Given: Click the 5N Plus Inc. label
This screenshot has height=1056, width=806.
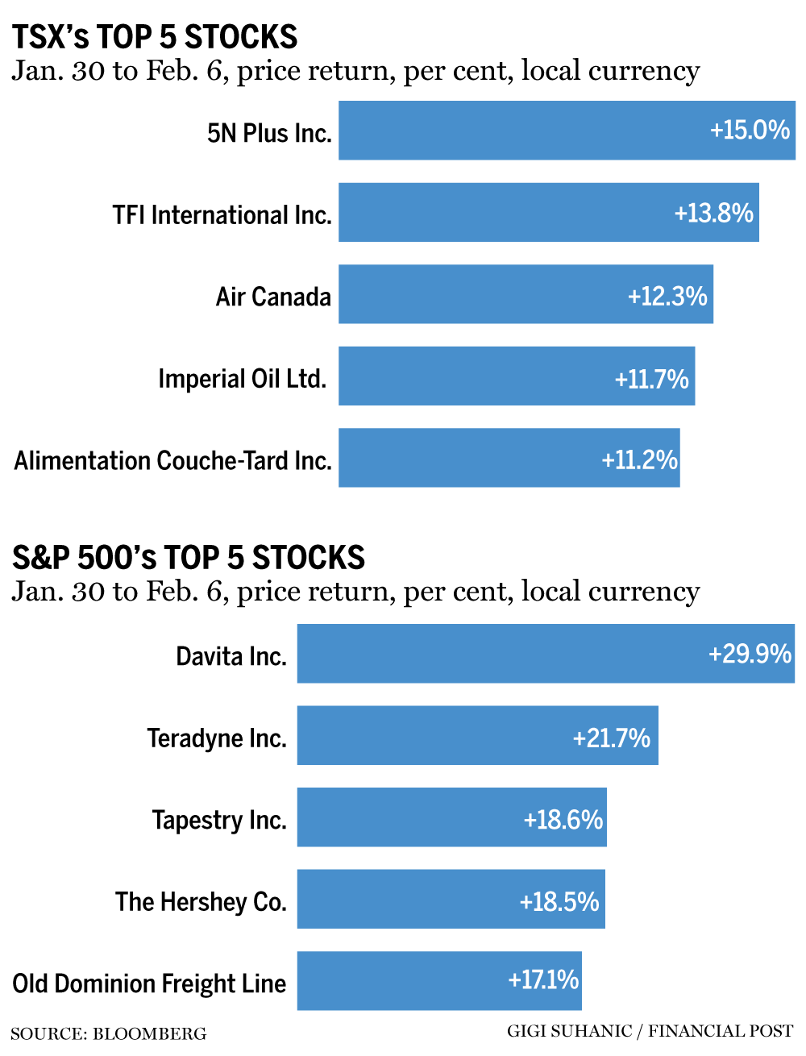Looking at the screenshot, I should (269, 132).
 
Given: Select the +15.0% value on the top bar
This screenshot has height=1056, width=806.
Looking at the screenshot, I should (750, 130).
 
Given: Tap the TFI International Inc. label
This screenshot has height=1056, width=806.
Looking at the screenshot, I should (222, 214).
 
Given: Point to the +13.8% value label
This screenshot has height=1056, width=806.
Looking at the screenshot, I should (713, 213).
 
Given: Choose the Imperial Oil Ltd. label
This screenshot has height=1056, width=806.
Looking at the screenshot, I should (242, 378).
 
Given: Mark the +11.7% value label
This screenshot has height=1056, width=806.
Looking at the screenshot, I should (651, 378).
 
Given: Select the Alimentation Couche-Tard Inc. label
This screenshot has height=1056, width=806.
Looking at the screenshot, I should (172, 460).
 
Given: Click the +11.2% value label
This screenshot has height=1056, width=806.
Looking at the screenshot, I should (639, 459).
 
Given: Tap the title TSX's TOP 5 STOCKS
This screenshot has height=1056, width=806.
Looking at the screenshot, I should (155, 37).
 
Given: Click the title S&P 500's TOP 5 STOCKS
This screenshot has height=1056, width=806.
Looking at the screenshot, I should (189, 558).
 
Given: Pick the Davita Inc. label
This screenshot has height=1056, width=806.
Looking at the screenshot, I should (231, 656).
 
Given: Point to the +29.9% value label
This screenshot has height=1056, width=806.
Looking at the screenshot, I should (750, 653).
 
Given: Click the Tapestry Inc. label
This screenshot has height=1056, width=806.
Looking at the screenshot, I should (219, 820).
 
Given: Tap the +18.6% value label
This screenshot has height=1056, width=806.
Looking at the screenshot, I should (563, 820).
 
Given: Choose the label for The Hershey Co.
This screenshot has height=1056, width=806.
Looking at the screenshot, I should (201, 901).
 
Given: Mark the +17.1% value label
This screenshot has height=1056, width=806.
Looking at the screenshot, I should (543, 979).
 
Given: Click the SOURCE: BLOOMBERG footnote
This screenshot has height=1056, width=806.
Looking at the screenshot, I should (109, 1033).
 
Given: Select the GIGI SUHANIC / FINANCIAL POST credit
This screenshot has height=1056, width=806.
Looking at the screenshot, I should (650, 1031).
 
